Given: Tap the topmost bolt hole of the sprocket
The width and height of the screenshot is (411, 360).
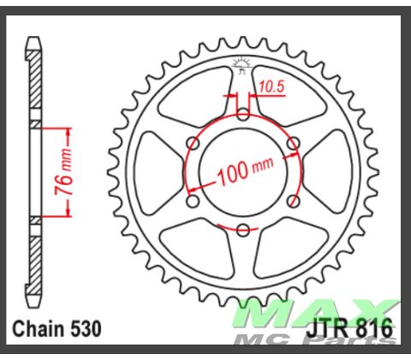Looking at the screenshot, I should pyautogui.click(x=244, y=114).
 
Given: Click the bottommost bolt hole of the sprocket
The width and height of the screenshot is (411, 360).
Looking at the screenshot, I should pyautogui.click(x=244, y=229).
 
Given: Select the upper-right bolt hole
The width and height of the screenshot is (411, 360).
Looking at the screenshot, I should pyautogui.click(x=294, y=143).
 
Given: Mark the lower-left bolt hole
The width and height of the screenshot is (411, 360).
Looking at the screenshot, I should pyautogui.click(x=194, y=200).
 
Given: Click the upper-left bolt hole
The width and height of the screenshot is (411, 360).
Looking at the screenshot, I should pyautogui.click(x=194, y=143).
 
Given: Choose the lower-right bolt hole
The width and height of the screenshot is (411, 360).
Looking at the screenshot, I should pyautogui.click(x=294, y=200).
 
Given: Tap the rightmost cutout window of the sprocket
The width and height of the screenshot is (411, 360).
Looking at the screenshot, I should pyautogui.click(x=326, y=171).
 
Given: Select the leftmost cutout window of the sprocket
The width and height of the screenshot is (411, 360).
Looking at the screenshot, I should pyautogui.click(x=162, y=171).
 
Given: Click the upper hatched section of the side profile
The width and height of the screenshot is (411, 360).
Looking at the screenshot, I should pyautogui.click(x=34, y=86).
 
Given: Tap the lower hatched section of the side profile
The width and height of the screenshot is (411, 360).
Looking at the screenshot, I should pyautogui.click(x=34, y=257).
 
